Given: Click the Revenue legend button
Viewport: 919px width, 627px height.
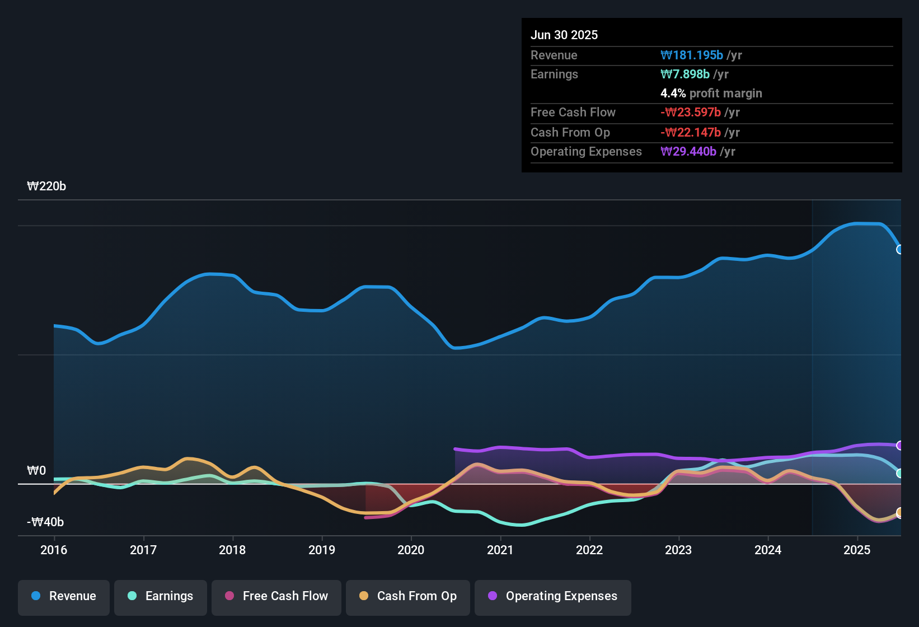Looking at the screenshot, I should (x=64, y=596).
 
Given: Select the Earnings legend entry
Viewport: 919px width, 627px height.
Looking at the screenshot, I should (x=161, y=596).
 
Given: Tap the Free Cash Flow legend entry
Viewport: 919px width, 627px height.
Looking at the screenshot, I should (x=276, y=596).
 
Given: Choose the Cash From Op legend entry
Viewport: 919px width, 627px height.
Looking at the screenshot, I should (x=408, y=596).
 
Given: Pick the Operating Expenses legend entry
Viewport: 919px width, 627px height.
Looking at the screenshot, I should (x=553, y=596).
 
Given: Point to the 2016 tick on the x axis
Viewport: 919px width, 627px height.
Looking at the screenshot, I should (x=54, y=550).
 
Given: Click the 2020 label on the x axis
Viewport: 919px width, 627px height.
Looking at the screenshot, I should (x=411, y=550).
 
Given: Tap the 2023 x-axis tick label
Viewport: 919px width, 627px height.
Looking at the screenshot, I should (x=678, y=550).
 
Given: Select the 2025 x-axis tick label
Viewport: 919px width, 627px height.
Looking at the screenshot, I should (x=857, y=550).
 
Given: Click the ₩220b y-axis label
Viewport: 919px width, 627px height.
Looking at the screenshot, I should (x=46, y=186).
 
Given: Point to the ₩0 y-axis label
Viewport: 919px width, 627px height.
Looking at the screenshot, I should (x=36, y=471).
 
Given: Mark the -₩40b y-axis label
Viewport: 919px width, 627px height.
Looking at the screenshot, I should (x=45, y=522).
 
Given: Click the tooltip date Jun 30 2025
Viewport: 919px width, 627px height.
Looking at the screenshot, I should (x=564, y=35).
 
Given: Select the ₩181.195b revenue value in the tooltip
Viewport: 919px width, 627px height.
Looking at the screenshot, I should (x=692, y=55).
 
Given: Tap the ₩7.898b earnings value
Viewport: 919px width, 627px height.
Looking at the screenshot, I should (x=685, y=74).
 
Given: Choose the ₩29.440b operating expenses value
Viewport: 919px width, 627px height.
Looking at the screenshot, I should (x=688, y=152).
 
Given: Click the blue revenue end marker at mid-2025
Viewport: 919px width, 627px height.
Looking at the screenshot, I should (x=899, y=250).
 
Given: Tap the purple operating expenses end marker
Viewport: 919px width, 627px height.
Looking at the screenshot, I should (x=899, y=446).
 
